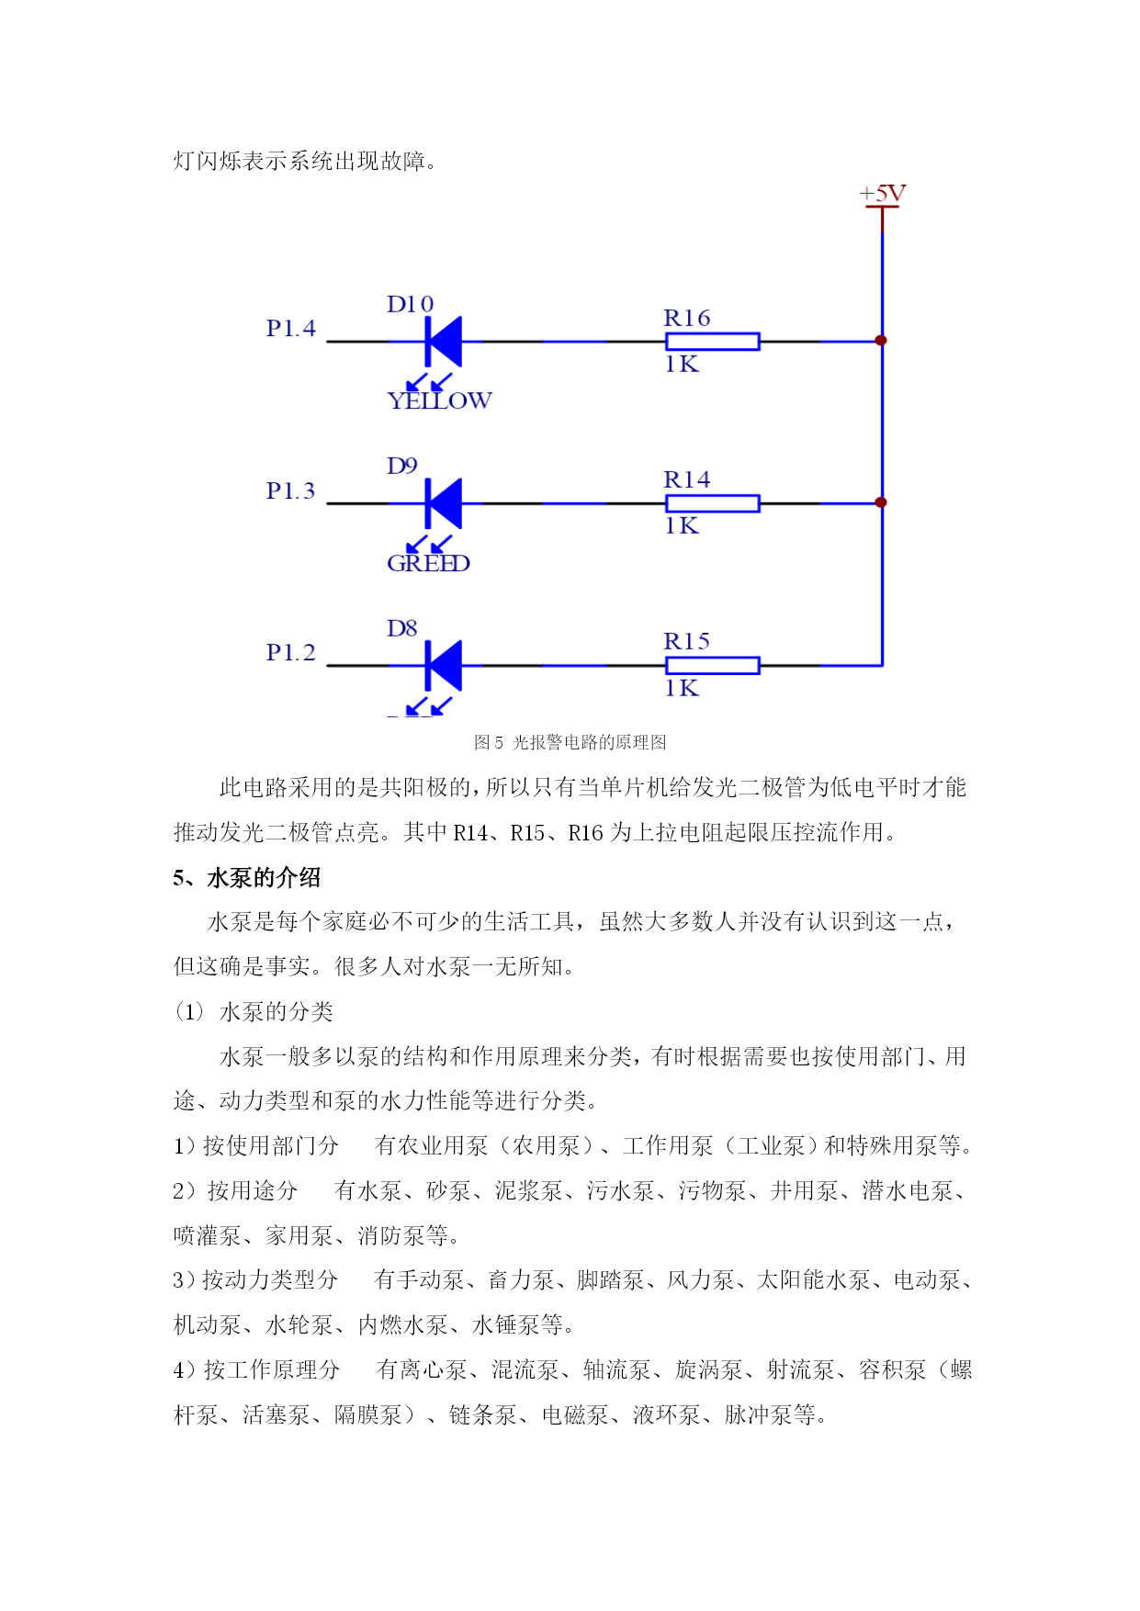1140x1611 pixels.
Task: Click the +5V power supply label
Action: (882, 194)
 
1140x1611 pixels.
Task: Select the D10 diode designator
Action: (410, 304)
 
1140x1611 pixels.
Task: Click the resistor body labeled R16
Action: (713, 342)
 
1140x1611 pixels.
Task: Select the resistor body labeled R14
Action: (713, 503)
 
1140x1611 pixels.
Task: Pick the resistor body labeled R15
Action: (713, 666)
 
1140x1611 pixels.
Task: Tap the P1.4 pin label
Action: (290, 328)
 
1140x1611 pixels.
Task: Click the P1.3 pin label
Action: (290, 490)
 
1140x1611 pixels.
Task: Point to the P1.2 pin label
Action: (290, 652)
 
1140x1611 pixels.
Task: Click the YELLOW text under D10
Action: (439, 400)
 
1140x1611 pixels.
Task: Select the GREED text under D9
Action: (428, 563)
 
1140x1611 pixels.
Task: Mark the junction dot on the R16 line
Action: (881, 341)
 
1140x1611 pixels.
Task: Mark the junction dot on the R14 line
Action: (881, 502)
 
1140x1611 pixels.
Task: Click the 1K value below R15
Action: (682, 688)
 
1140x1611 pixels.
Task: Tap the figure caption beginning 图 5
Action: (570, 742)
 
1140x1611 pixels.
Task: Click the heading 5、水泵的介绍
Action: (246, 877)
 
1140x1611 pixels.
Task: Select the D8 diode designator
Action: (401, 628)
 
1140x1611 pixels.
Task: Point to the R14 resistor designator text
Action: (687, 479)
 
